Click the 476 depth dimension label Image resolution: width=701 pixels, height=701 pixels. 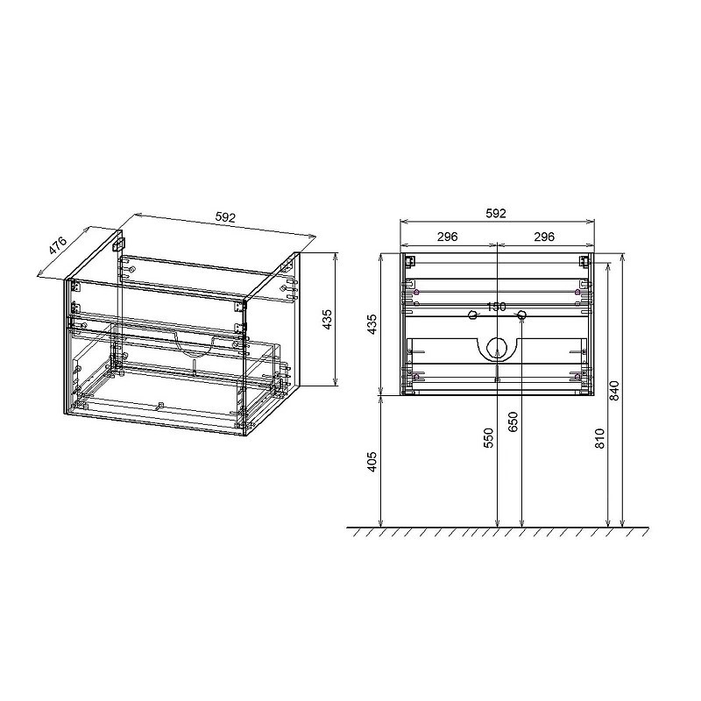pyautogui.click(x=58, y=246)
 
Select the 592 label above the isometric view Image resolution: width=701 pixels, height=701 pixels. pyautogui.click(x=225, y=217)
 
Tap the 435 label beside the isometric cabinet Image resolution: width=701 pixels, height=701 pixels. pyautogui.click(x=328, y=319)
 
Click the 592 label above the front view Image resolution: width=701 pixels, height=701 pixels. pyautogui.click(x=496, y=213)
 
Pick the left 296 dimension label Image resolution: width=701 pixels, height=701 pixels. pyautogui.click(x=448, y=237)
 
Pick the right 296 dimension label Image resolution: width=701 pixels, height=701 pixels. pyautogui.click(x=544, y=237)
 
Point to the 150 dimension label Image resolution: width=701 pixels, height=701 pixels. pyautogui.click(x=496, y=308)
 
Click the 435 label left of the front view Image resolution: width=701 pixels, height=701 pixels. pyautogui.click(x=372, y=324)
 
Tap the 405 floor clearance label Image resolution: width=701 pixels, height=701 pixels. pyautogui.click(x=372, y=462)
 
